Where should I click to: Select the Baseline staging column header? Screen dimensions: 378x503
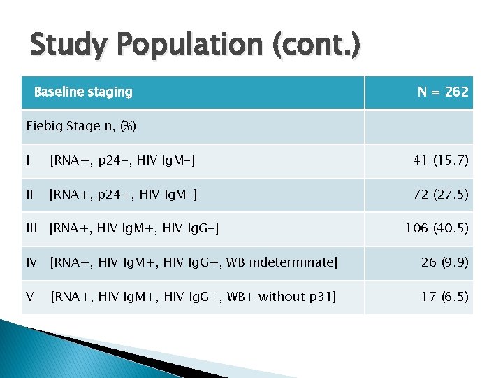(x=83, y=92)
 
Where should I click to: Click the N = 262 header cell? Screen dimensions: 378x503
(x=443, y=92)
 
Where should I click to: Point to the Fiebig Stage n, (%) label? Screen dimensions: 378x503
(x=81, y=126)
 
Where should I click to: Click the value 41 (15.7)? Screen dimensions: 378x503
(x=441, y=160)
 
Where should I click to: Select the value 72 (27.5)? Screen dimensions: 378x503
(x=441, y=194)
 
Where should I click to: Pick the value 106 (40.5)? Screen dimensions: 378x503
(x=437, y=228)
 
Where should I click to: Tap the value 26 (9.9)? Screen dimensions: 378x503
(x=444, y=262)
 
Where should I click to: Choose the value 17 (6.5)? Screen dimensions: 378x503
(x=444, y=296)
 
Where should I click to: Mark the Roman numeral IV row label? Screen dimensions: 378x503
(x=32, y=262)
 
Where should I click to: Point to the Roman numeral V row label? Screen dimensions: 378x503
(x=30, y=296)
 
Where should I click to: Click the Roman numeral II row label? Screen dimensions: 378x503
(x=30, y=194)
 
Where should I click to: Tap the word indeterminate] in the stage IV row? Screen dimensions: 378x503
(x=296, y=262)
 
